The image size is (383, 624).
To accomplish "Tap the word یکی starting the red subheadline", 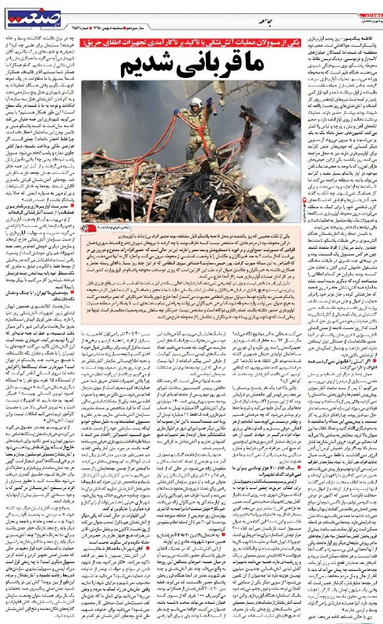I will click(x=291, y=40).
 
